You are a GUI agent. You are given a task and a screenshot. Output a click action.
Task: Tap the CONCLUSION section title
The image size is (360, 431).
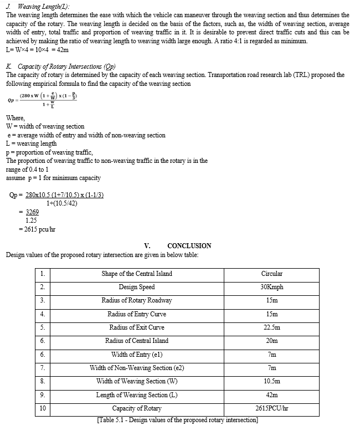tap(189, 246)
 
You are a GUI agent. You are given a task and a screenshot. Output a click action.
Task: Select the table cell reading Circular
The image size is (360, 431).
tap(271, 274)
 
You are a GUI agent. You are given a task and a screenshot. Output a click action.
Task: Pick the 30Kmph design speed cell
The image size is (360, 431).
tap(271, 287)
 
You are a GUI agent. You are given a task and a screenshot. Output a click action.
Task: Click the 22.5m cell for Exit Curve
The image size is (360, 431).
tap(271, 327)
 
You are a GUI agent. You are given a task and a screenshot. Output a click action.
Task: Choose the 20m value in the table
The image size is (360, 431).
tap(271, 341)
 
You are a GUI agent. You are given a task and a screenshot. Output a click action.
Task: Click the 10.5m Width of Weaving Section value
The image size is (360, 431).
tap(271, 381)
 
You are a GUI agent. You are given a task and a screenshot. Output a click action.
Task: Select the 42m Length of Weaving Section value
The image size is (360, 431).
tap(271, 395)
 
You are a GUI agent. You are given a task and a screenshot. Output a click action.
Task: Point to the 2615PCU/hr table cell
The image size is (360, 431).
tap(271, 408)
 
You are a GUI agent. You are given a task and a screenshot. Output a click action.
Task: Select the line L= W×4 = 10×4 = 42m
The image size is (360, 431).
tap(37, 50)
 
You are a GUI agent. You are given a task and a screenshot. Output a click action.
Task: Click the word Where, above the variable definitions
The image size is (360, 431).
tap(16, 118)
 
